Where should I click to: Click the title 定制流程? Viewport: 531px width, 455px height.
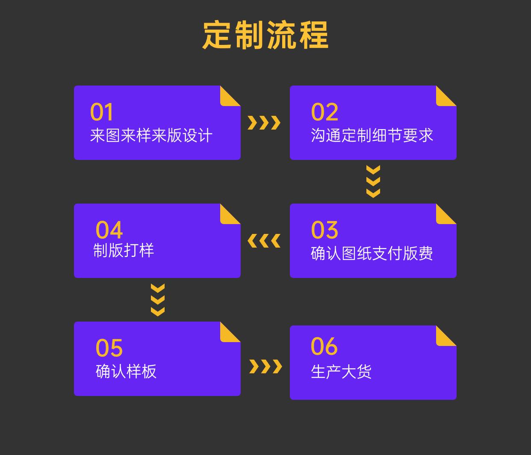click(x=265, y=35)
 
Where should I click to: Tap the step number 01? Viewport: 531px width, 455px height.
click(x=102, y=112)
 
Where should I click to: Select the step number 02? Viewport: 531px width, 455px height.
click(x=324, y=112)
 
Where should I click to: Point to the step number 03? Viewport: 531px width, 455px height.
click(x=324, y=230)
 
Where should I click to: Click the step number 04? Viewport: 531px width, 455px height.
click(x=109, y=230)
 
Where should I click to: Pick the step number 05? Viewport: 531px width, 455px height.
click(x=109, y=348)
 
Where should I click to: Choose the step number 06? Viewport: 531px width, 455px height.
click(x=324, y=346)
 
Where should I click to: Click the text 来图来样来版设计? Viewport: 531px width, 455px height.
click(x=151, y=136)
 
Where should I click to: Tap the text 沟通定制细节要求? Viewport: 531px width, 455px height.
click(x=372, y=136)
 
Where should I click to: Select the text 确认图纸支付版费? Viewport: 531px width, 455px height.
click(x=372, y=254)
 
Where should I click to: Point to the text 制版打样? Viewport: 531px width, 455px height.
click(x=124, y=250)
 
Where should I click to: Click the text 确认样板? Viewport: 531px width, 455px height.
click(x=126, y=371)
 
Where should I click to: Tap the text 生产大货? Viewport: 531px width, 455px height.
click(x=341, y=372)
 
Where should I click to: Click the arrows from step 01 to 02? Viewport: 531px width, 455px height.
click(x=264, y=123)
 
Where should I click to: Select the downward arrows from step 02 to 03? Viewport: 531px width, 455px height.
click(x=373, y=182)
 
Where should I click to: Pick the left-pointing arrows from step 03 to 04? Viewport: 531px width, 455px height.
click(x=264, y=241)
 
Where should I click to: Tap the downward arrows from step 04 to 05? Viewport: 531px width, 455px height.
click(x=158, y=300)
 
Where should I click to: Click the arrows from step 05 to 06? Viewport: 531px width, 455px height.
click(x=265, y=366)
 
